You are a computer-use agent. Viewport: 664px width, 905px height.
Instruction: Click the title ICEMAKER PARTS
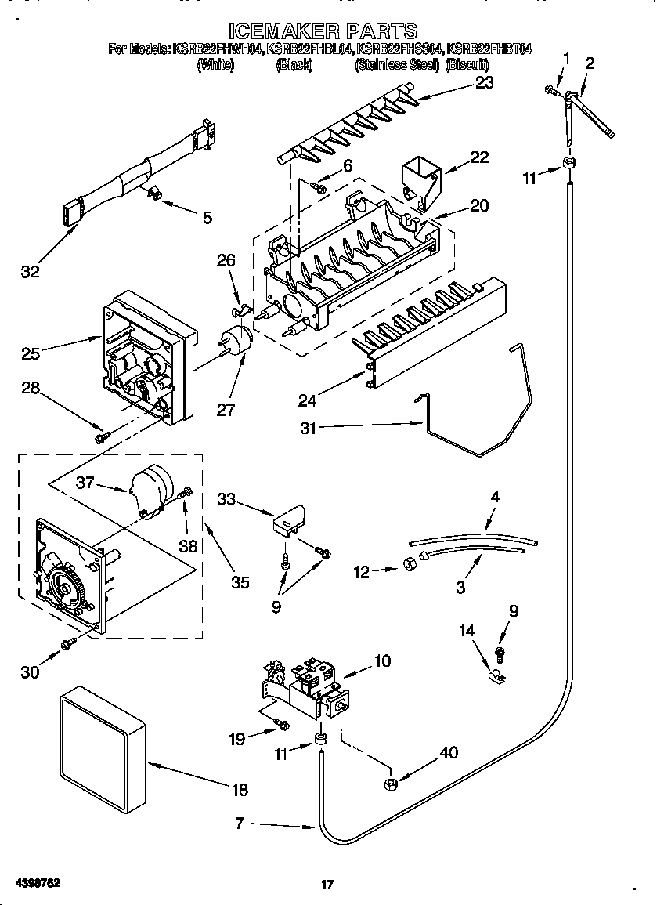[323, 31]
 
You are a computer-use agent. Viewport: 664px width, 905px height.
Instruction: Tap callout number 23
[484, 82]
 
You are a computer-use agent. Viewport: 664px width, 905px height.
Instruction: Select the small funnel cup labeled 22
[420, 181]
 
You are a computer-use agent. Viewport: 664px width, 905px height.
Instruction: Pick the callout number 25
[31, 353]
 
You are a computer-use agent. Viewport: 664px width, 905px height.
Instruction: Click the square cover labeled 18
[103, 748]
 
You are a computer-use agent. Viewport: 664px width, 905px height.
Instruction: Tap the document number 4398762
[31, 882]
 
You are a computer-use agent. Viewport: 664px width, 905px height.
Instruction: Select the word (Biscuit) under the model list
[467, 67]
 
